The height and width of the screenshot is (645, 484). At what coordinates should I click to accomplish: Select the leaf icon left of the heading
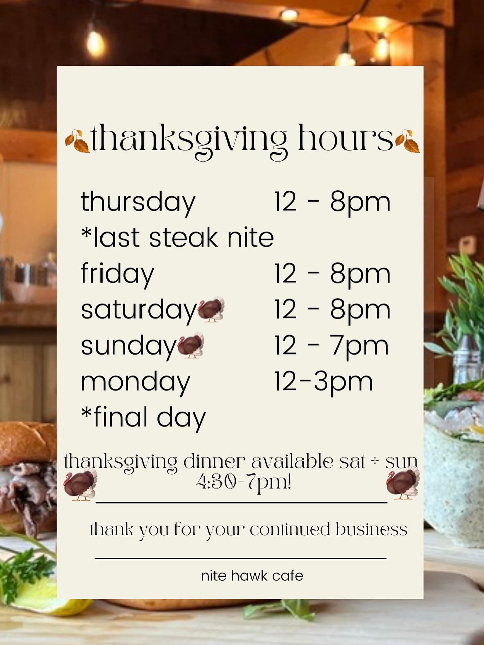[x=77, y=141]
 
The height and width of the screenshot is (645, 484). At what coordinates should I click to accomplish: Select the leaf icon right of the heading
[x=408, y=141]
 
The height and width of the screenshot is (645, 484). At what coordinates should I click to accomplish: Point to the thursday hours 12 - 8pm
[x=332, y=202]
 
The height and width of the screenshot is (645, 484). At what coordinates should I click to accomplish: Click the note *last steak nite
[x=177, y=238]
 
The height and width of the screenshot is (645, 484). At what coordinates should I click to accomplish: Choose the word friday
[x=117, y=274]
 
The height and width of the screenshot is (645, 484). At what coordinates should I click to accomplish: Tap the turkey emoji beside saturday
[x=211, y=309]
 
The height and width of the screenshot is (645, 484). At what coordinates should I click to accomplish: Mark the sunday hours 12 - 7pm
[x=331, y=346]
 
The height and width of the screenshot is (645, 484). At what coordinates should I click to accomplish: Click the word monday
[x=135, y=383]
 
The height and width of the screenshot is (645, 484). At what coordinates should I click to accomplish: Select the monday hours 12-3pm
[x=324, y=382]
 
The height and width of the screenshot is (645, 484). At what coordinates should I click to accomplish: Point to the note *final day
[x=144, y=418]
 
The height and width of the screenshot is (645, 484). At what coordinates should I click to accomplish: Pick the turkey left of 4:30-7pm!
[x=80, y=485]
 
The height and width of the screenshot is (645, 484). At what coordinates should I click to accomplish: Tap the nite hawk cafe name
[x=252, y=576]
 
